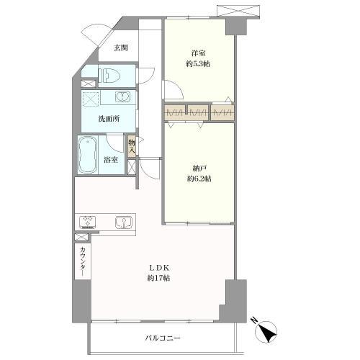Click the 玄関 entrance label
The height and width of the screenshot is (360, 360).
121,48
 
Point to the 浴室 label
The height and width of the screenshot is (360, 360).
112,160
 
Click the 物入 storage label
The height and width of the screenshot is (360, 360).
132,148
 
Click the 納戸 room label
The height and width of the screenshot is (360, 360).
199,167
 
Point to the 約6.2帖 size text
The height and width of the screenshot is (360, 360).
199,178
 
